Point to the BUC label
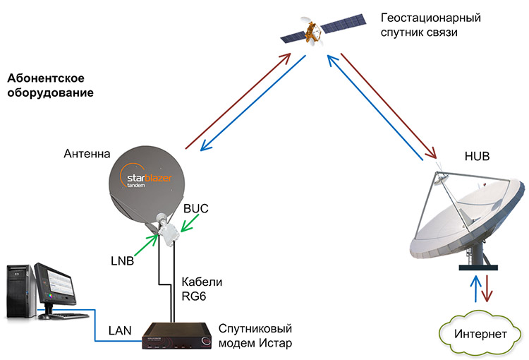coord(194,209)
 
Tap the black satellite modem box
coord(176,335)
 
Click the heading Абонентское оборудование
coord(50,85)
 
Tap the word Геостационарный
coord(431,17)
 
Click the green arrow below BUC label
coord(189,224)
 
